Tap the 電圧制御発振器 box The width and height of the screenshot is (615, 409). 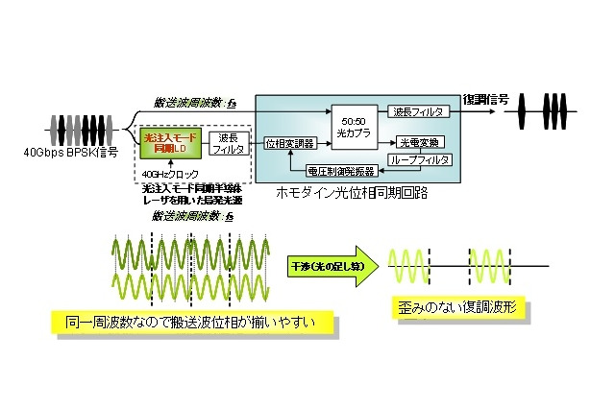pos(340,170)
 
